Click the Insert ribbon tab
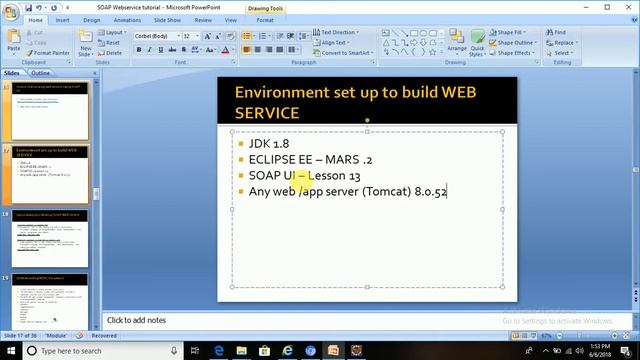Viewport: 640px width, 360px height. tap(63, 19)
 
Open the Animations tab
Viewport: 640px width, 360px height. tap(127, 19)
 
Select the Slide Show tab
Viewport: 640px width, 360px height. tap(166, 19)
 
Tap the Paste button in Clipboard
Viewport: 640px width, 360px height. tap(13, 42)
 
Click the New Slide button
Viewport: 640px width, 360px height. tap(86, 45)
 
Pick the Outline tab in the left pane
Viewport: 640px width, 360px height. tap(41, 73)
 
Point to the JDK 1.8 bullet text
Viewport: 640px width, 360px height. tap(269, 144)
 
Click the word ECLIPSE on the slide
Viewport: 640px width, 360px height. tap(272, 160)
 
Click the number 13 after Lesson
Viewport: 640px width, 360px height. tap(354, 176)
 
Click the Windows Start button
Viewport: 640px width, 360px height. tap(9, 351)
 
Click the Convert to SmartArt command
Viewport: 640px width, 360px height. tap(348, 53)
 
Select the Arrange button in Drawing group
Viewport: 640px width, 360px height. tap(456, 46)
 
